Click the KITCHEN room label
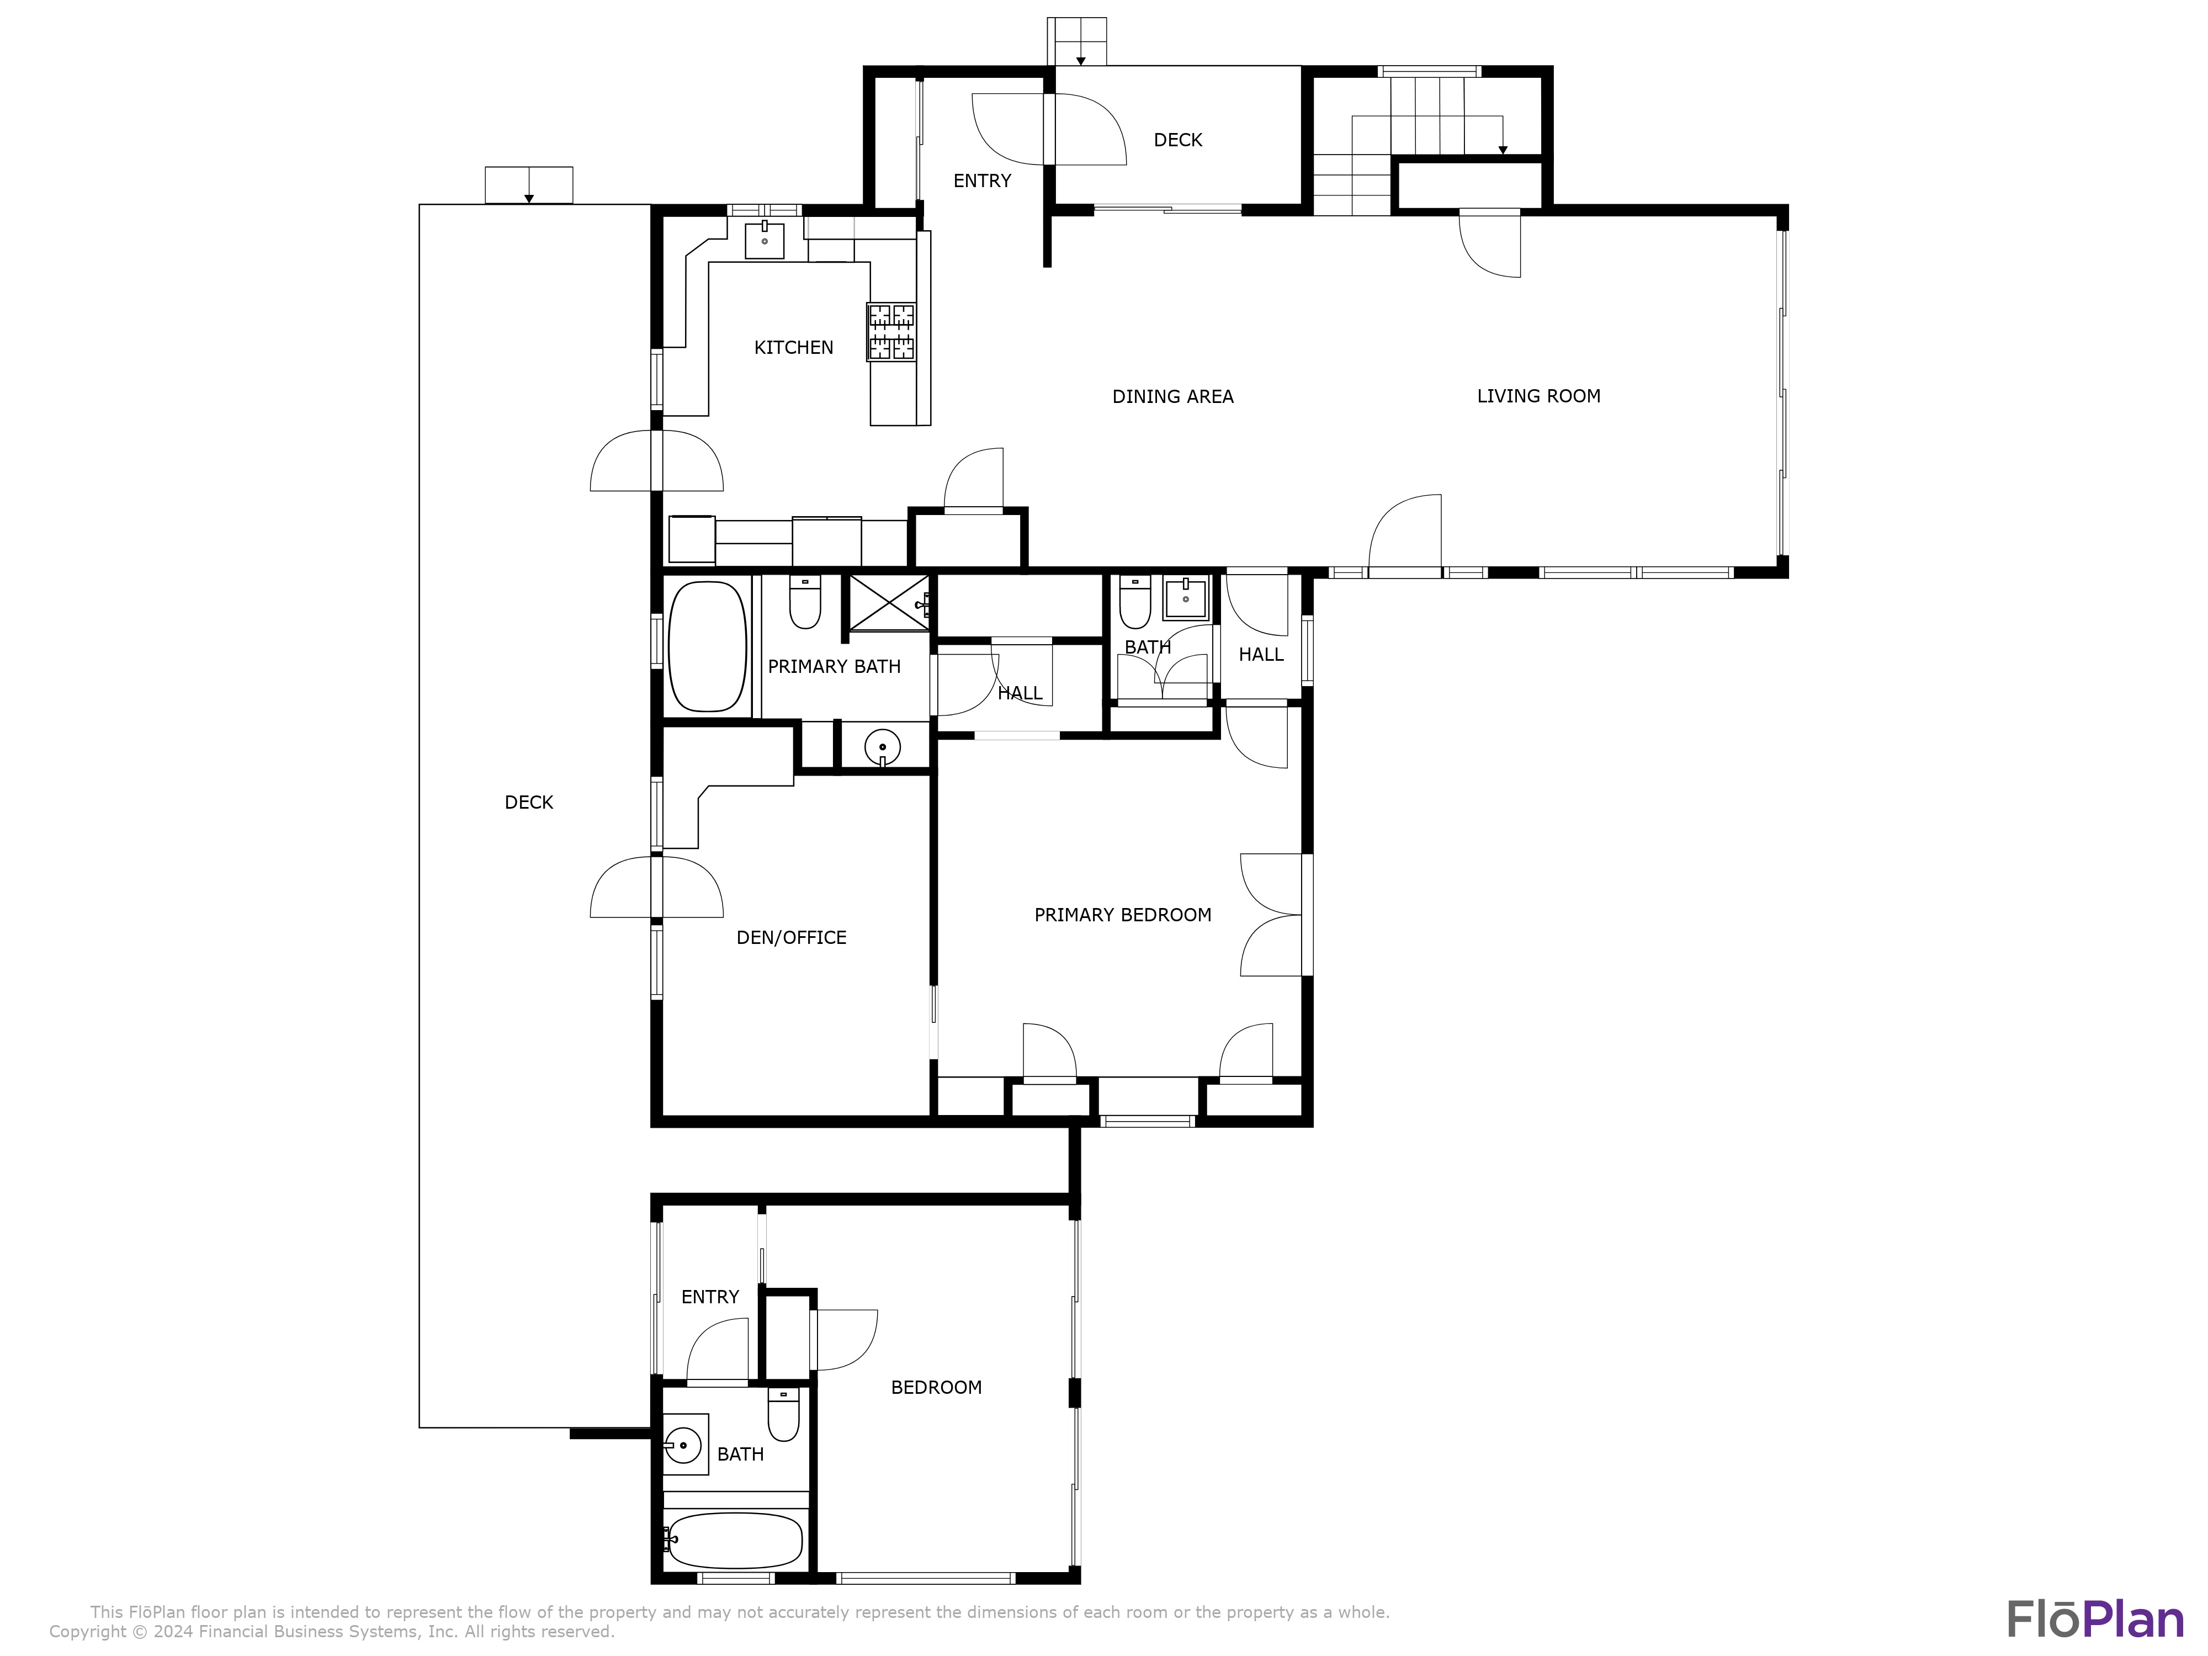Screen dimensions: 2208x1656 click(794, 347)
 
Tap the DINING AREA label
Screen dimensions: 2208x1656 click(1173, 396)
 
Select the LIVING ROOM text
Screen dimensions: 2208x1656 click(1538, 395)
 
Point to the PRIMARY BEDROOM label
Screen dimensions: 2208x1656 click(1123, 914)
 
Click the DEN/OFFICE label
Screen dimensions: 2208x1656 click(792, 937)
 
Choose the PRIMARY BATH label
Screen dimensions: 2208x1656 click(835, 666)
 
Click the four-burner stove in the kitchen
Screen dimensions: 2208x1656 click(891, 331)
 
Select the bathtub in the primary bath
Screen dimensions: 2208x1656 click(707, 647)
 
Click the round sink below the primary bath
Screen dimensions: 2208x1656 click(883, 747)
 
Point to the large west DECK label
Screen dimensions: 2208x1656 click(529, 802)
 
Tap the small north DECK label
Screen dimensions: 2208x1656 click(1178, 140)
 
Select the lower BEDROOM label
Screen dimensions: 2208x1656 click(936, 1387)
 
